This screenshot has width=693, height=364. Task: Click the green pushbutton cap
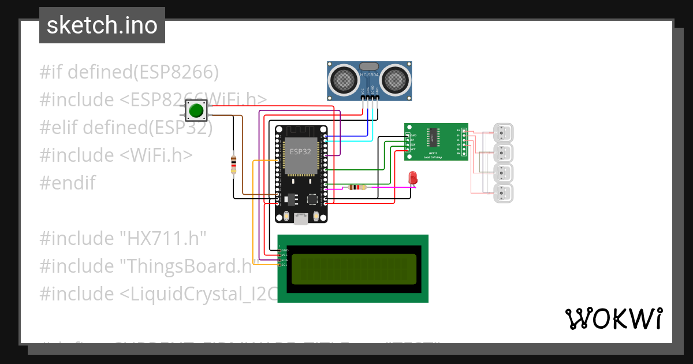point(197,110)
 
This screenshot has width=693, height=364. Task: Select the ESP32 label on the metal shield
point(299,152)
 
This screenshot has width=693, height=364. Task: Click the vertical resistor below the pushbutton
point(233,164)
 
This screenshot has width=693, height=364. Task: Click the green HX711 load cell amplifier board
point(435,142)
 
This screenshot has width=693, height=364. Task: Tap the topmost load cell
point(503,133)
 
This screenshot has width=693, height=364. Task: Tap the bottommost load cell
point(503,194)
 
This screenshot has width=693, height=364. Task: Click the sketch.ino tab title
point(102,25)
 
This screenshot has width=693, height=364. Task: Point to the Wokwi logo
point(613,318)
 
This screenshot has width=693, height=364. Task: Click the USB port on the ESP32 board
point(301,218)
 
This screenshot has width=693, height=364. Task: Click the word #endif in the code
point(68,183)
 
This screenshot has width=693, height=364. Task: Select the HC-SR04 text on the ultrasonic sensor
point(370,75)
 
